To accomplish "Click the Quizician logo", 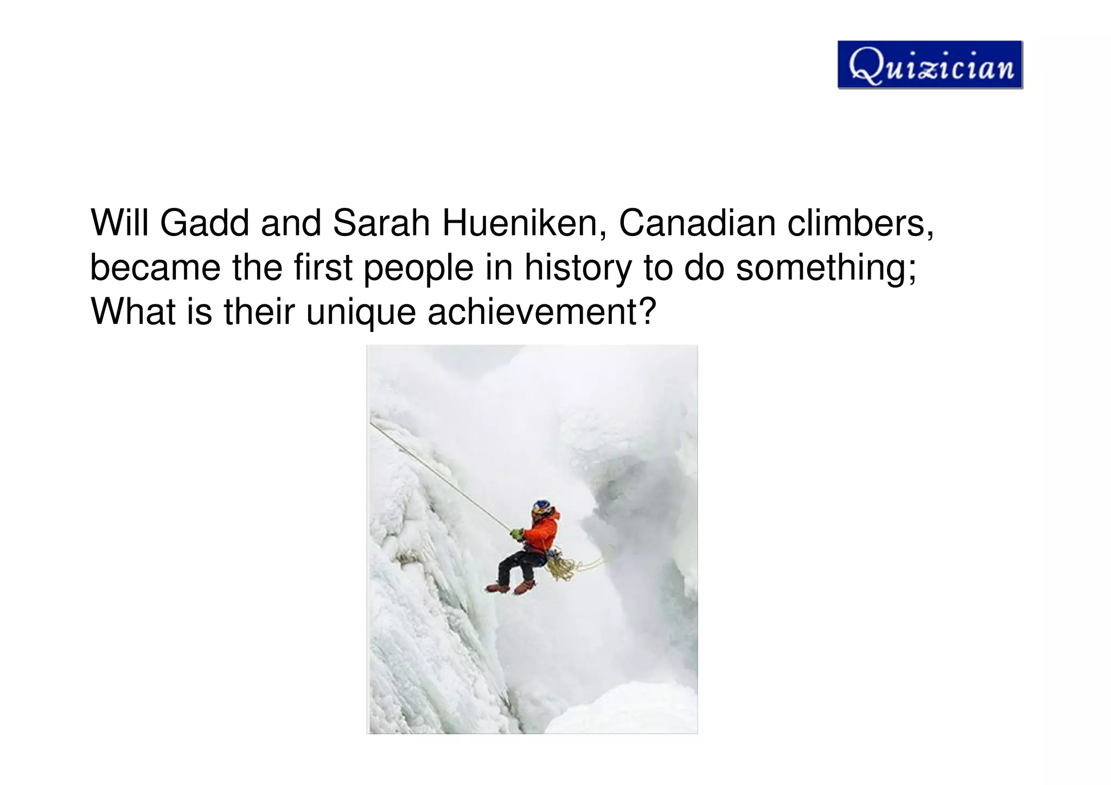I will coord(930,65).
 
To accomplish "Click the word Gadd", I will coord(204,223).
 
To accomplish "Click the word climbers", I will coord(860,223).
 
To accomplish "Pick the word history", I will coord(577,267).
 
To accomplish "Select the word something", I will coord(825,267).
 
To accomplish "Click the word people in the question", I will coord(418,267).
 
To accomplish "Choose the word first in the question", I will coord(323,267).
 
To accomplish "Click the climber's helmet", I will coord(541,508).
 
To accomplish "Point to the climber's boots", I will coord(510,586).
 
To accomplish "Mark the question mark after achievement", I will coord(649,312).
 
